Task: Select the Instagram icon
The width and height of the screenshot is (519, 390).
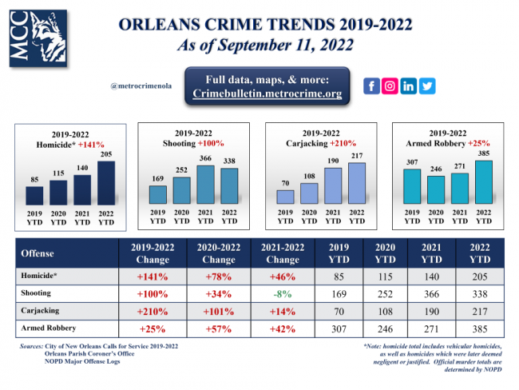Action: (x=390, y=86)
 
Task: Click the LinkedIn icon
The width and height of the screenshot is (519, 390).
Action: (x=409, y=86)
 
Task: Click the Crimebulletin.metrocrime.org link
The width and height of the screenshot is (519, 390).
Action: (x=267, y=94)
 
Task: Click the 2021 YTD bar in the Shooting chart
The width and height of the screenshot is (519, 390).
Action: (x=206, y=184)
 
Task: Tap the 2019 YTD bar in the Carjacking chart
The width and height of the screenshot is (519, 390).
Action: (x=285, y=196)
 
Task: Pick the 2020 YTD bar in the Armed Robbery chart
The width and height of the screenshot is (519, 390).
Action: (x=436, y=189)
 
